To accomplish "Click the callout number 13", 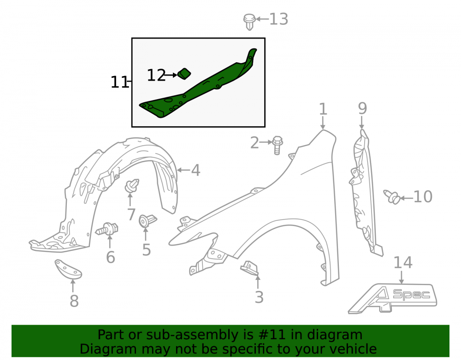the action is pos(278,19).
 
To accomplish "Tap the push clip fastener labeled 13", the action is pos(249,22).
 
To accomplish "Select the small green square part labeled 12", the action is pos(184,74).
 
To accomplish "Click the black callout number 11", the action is pos(119,82).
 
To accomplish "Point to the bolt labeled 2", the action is pos(277,145).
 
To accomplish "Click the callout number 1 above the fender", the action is pos(323,109).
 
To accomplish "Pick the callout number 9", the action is pos(362,108).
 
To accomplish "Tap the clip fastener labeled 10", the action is pos(392,197).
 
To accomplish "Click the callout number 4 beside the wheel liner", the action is pos(196,171).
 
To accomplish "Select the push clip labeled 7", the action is pos(132,186).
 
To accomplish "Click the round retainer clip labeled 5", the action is pos(148,221).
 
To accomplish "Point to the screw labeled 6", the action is pos(107,229).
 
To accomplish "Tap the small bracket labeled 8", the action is pos(68,269).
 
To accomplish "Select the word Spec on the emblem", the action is pos(411,294).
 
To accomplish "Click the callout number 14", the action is pos(403,262).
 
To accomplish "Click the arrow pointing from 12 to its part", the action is pos(171,75).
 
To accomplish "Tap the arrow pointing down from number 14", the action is pos(402,277).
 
